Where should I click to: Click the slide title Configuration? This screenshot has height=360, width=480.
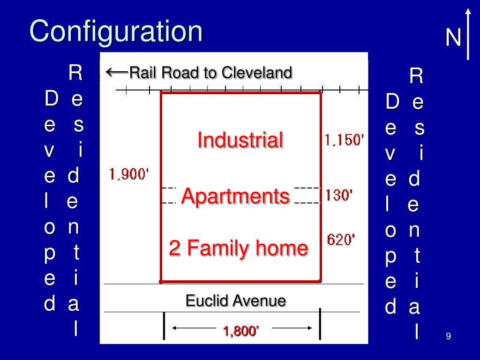click(x=116, y=31)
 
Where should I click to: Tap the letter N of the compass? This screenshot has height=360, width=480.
click(x=453, y=38)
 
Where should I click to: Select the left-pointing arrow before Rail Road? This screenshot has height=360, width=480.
click(x=117, y=72)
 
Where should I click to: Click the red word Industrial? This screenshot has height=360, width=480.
click(x=240, y=140)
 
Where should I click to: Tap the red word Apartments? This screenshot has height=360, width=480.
click(x=235, y=195)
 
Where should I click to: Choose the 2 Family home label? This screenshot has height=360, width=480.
click(x=239, y=248)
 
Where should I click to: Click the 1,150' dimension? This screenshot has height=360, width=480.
click(x=344, y=140)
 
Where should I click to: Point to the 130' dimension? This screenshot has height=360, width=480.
click(x=339, y=195)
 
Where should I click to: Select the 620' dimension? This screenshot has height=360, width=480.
click(x=341, y=240)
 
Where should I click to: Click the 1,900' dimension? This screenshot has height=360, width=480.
click(x=129, y=174)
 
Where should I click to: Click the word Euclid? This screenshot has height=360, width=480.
click(x=205, y=300)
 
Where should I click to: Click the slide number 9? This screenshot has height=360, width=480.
click(x=449, y=336)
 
